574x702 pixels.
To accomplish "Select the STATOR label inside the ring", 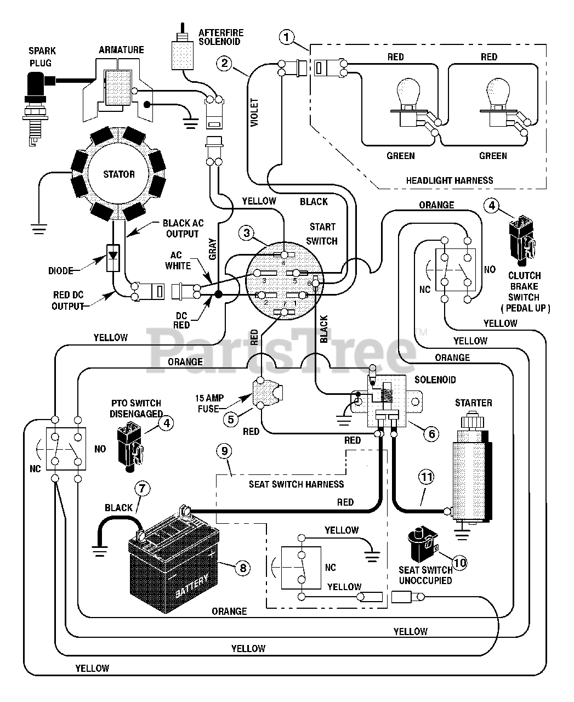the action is tap(119, 174).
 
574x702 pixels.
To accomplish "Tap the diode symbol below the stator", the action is tap(113, 258).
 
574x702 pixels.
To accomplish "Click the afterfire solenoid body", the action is tap(183, 55).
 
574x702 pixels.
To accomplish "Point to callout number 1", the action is tap(287, 37).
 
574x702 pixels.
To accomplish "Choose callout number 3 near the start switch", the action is tap(247, 233).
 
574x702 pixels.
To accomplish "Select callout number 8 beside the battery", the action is tap(243, 568).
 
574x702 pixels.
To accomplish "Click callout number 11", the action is tap(427, 477).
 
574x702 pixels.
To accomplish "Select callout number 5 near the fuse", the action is tap(231, 420).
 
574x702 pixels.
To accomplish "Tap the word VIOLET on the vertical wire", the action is tap(254, 112).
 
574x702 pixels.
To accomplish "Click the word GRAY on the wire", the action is tap(212, 249).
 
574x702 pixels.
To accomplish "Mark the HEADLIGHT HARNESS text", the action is tap(450, 180).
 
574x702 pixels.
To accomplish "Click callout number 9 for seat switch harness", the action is tap(225, 451).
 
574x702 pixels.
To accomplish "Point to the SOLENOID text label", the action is tap(435, 380).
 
